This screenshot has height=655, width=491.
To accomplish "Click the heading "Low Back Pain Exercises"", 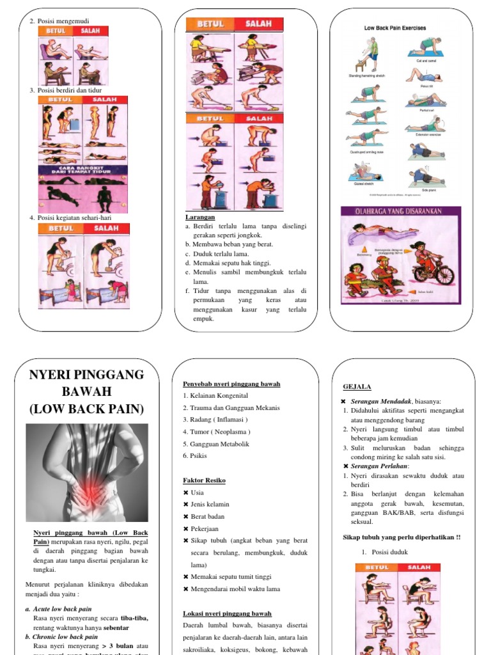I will [394, 28].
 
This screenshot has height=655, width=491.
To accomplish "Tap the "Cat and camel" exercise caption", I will [426, 61].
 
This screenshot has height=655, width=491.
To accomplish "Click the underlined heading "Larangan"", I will [199, 217].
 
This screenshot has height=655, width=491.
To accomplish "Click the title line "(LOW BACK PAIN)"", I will [87, 409].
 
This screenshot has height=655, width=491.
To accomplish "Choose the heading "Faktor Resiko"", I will [204, 480].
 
